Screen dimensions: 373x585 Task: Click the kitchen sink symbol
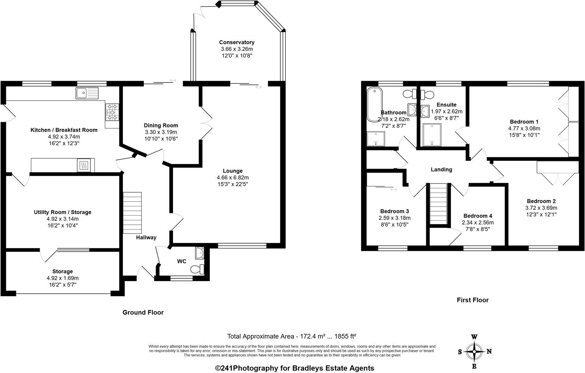(x=87, y=93)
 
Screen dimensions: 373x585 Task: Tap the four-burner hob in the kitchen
(x=112, y=112)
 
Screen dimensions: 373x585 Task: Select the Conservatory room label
(x=237, y=42)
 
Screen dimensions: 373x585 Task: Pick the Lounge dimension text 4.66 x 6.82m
(x=233, y=177)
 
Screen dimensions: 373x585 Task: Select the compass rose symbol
(x=474, y=351)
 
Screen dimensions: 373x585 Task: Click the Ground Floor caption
(x=143, y=312)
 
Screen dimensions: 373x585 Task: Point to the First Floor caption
(x=473, y=300)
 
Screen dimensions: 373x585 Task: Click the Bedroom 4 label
(x=478, y=216)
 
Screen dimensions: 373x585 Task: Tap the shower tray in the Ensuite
(x=432, y=135)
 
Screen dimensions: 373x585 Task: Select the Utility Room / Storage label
(x=62, y=212)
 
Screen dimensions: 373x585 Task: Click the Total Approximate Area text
(x=291, y=336)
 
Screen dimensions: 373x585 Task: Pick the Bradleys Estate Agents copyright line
(x=295, y=368)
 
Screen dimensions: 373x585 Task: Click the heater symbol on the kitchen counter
(x=84, y=165)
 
